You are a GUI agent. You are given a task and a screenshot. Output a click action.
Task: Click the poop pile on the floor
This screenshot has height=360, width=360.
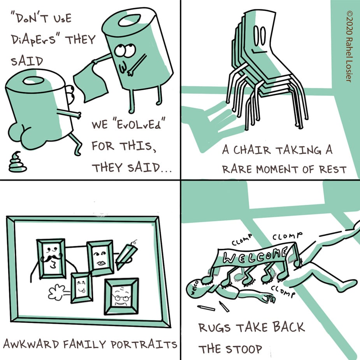18,163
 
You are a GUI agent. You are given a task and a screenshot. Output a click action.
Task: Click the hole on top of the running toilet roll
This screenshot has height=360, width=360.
33,81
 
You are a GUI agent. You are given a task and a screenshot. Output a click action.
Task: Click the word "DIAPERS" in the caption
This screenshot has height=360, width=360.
34,39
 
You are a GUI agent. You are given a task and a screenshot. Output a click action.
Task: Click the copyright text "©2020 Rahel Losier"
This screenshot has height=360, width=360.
349,46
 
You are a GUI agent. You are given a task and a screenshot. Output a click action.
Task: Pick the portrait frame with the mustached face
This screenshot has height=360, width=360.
51,258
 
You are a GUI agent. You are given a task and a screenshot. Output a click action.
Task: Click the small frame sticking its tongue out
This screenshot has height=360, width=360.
81,288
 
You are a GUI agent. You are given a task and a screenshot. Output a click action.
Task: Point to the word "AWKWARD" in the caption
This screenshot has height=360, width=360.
31,344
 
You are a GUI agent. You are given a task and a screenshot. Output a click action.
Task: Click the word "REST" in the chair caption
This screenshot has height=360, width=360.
332,170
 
